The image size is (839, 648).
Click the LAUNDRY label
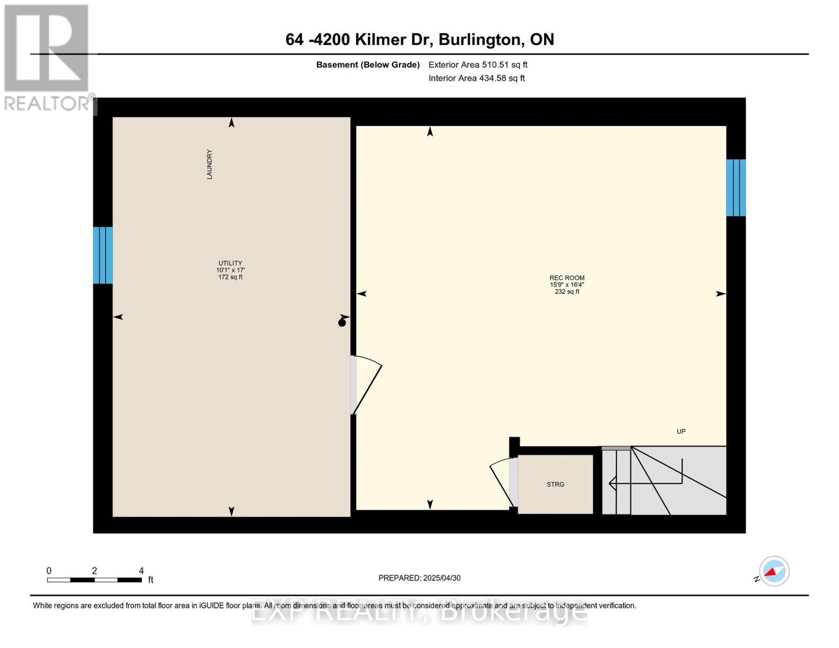tap(209, 164)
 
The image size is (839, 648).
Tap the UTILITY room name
tap(230, 263)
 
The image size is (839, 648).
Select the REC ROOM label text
tap(567, 278)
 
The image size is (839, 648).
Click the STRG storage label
tap(555, 484)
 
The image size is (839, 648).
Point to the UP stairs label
tap(681, 431)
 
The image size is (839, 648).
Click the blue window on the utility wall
tap(103, 255)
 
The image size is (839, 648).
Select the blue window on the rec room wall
tap(736, 187)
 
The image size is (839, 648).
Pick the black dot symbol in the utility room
tap(341, 323)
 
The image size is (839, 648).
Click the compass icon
tap(774, 571)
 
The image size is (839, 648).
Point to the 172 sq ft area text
tap(230, 277)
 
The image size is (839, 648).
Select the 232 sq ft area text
tap(567, 292)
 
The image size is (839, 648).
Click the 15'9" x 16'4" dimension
tap(567, 285)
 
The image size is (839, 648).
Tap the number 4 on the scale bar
tap(141, 570)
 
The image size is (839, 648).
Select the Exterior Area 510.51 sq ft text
tap(478, 65)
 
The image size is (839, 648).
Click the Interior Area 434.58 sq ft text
tap(476, 78)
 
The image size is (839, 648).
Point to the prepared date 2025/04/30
tap(441, 578)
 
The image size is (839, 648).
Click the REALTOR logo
tap(46, 57)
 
